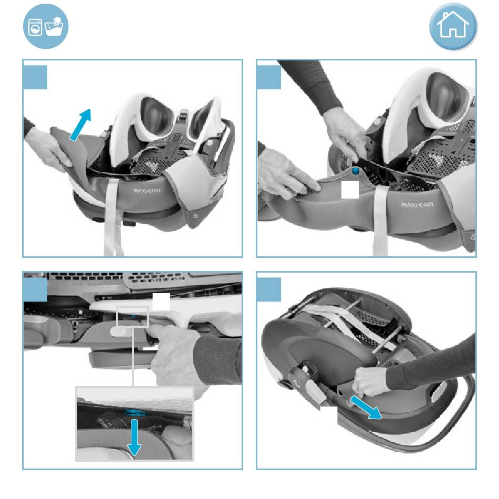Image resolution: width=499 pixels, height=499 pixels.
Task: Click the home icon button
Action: pyautogui.click(x=453, y=26)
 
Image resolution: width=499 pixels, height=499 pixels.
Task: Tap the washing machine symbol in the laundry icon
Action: pyautogui.click(x=35, y=27)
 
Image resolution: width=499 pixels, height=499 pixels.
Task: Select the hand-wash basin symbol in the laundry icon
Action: pyautogui.click(x=54, y=26)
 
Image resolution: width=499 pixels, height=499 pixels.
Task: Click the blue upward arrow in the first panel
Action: pyautogui.click(x=80, y=125)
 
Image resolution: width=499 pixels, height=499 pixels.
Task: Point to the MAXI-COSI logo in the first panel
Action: pyautogui.click(x=147, y=191)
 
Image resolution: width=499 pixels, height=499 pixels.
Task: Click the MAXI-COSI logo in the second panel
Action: pyautogui.click(x=417, y=204)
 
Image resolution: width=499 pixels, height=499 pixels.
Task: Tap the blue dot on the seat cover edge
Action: pyautogui.click(x=356, y=171)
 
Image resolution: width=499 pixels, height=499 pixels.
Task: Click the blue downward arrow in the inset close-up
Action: pyautogui.click(x=134, y=438)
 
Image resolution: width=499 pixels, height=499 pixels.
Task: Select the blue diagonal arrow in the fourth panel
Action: pyautogui.click(x=366, y=408)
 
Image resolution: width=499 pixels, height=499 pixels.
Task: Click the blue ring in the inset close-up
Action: pyautogui.click(x=135, y=413)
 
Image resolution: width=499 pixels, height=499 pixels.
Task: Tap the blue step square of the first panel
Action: pyautogui.click(x=35, y=77)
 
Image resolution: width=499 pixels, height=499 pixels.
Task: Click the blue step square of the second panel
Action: pyautogui.click(x=269, y=77)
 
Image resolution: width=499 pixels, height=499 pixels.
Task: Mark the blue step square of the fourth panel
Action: pyautogui.click(x=269, y=289)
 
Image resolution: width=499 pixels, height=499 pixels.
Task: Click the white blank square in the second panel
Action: pyautogui.click(x=350, y=190)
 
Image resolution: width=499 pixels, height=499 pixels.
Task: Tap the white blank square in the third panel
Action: pyautogui.click(x=161, y=302)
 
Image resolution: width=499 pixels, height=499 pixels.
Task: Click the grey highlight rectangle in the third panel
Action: pyautogui.click(x=133, y=316)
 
